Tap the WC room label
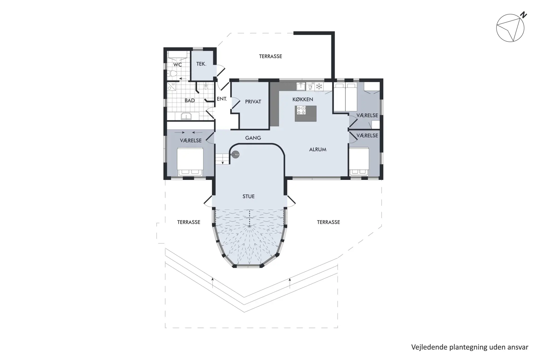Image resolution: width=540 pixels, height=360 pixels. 177,65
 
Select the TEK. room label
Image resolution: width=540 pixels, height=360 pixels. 201,64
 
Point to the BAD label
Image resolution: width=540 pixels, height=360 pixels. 190,100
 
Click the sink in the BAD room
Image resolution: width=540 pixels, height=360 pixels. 186,116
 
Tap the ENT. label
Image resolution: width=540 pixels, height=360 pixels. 222,99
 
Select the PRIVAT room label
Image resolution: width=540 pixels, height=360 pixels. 253,102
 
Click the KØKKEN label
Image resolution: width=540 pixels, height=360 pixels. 303,99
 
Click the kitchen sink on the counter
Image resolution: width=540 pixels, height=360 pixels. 301,86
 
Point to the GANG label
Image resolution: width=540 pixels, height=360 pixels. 253,138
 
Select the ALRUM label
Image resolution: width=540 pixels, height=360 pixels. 318,150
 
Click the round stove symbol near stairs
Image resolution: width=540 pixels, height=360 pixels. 235,154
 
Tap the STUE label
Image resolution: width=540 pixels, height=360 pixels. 249,197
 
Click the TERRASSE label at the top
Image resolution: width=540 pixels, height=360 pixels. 270,57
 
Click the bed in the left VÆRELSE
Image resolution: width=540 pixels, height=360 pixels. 190,162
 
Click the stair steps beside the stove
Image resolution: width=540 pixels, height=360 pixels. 222,159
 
